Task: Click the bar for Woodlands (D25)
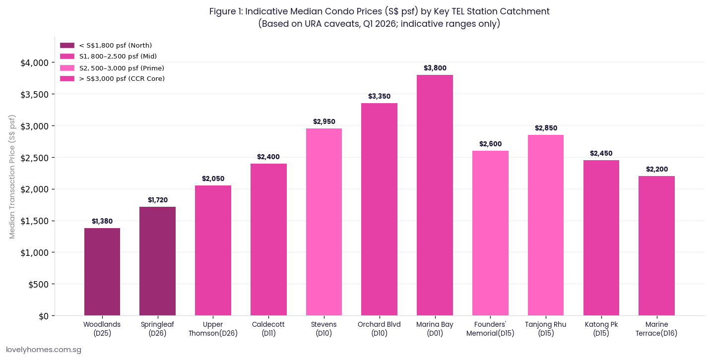pyautogui.click(x=102, y=272)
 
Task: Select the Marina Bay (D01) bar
pyautogui.click(x=435, y=195)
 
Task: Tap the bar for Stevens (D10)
pyautogui.click(x=324, y=222)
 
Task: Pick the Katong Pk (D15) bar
pyautogui.click(x=601, y=238)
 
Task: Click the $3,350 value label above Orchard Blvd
pyautogui.click(x=379, y=96)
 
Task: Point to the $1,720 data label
pyautogui.click(x=158, y=200)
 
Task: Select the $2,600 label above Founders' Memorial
pyautogui.click(x=490, y=144)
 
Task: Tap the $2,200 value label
pyautogui.click(x=656, y=169)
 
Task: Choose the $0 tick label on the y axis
pyautogui.click(x=43, y=316)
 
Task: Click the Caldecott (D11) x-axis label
pyautogui.click(x=268, y=329)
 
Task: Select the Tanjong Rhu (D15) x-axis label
pyautogui.click(x=546, y=329)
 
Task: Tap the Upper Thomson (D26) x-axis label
pyautogui.click(x=213, y=329)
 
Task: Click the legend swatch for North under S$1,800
pyautogui.click(x=67, y=46)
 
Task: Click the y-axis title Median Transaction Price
pyautogui.click(x=12, y=177)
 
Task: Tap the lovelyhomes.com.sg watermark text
pyautogui.click(x=44, y=350)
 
